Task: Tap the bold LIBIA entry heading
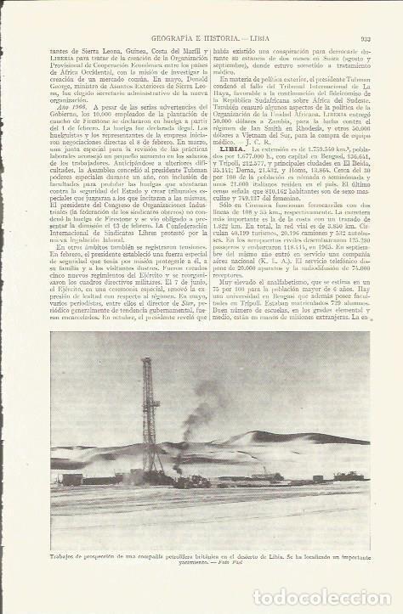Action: tap(233, 149)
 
